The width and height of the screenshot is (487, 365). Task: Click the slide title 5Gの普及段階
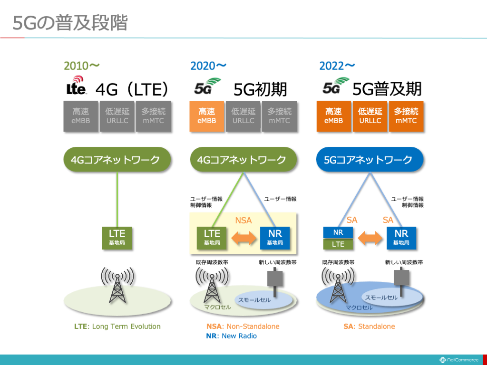click(70, 23)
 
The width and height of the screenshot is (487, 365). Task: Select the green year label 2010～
click(82, 66)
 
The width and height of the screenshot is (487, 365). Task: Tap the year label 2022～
click(337, 66)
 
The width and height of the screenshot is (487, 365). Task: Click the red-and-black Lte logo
click(76, 85)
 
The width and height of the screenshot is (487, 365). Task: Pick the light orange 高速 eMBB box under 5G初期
click(207, 116)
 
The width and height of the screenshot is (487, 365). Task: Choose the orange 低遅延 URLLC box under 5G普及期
click(370, 116)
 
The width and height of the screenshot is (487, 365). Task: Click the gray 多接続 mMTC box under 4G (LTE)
click(154, 116)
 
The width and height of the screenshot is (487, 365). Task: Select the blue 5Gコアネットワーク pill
click(370, 160)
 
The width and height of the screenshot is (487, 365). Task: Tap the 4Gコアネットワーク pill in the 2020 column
click(243, 160)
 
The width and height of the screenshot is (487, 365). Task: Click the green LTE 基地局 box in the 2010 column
click(117, 238)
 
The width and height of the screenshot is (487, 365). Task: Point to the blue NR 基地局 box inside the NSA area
click(275, 238)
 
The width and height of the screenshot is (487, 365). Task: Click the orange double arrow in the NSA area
click(244, 238)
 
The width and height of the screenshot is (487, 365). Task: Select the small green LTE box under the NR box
click(338, 244)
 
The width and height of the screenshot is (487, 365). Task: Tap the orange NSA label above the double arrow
click(243, 221)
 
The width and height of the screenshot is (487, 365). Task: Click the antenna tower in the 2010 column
click(117, 285)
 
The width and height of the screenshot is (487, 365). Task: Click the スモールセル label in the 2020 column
click(254, 300)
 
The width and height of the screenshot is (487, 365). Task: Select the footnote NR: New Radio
click(232, 336)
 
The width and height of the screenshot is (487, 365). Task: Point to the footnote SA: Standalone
click(369, 327)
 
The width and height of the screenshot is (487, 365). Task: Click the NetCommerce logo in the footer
click(459, 360)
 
